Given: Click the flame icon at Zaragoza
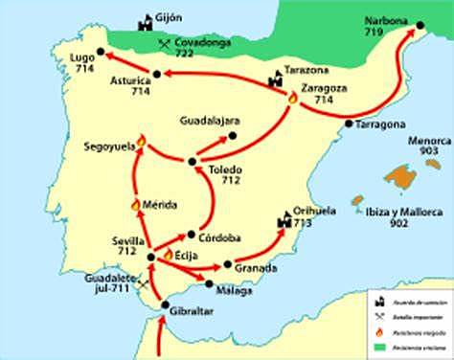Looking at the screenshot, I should (293, 97).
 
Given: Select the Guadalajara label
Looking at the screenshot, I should (209, 122).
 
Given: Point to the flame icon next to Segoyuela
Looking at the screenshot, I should (141, 142).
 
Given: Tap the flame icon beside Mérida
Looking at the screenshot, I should (135, 204).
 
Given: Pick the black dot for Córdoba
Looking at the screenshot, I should (193, 234).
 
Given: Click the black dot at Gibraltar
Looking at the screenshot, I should (165, 305).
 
